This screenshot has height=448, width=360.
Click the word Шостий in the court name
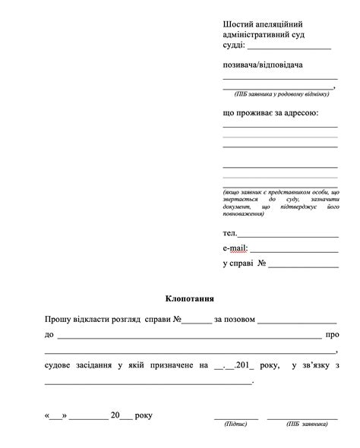pos(238,24)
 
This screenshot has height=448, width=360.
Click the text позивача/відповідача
pos(263,65)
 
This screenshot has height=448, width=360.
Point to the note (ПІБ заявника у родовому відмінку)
pos(281,93)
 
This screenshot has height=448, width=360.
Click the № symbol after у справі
pos(261,263)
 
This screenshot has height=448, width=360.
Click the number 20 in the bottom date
pos(115,415)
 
